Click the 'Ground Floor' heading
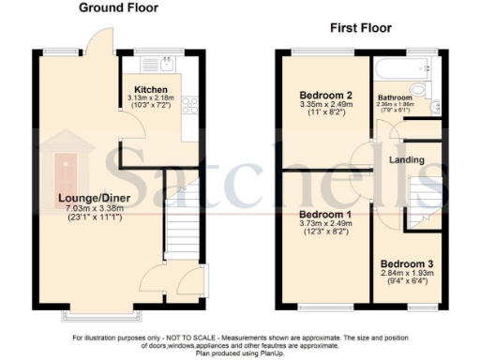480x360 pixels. click(x=118, y=8)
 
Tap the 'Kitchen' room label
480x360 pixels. click(x=150, y=90)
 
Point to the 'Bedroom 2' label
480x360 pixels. click(x=325, y=96)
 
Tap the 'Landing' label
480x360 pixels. click(x=408, y=160)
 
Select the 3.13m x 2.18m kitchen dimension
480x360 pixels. click(x=150, y=99)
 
